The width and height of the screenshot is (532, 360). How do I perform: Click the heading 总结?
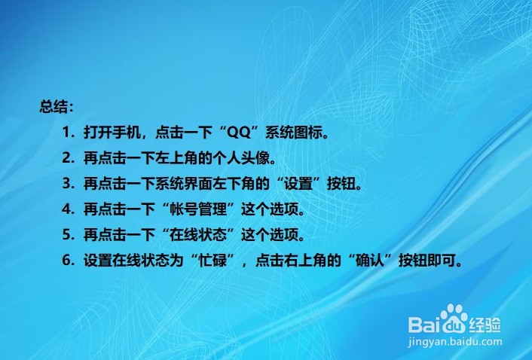pos(54,106)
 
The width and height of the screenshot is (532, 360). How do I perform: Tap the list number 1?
pos(66,133)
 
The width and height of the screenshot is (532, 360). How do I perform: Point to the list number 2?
pos(66,158)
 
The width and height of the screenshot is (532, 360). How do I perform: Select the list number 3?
pos(66,184)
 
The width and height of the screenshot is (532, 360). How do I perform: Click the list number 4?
pos(66,209)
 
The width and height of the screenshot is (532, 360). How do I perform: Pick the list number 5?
pos(66,234)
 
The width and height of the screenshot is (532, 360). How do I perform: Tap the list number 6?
pos(66,260)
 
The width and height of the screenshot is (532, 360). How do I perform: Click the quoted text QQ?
pos(239,133)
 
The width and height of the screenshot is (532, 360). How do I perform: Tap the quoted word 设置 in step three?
pos(298,184)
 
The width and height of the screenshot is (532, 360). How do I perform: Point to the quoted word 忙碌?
pos(212,260)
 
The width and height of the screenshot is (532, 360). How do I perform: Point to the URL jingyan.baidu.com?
pos(454,342)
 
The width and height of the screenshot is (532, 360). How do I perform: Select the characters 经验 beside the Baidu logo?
pos(485,325)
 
